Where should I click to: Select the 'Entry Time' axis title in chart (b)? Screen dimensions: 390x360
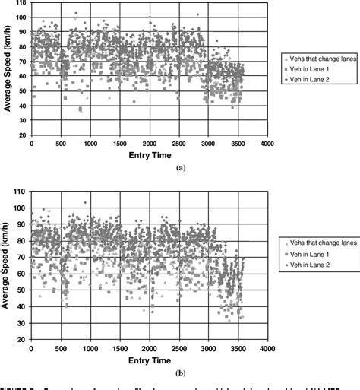click(149, 360)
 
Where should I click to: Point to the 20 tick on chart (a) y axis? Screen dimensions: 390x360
click(23, 135)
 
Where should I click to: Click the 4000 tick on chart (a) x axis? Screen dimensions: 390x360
click(266, 144)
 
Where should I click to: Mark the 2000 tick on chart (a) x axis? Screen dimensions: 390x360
click(149, 144)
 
